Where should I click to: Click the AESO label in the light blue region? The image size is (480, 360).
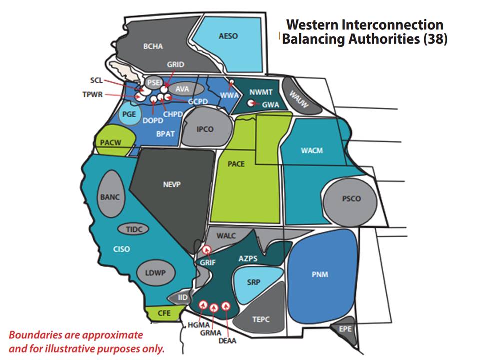228,36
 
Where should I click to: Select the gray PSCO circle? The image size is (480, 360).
351,199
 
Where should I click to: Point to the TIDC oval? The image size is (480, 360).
134,229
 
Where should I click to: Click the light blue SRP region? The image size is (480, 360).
254,282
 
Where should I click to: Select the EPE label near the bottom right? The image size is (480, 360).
345,329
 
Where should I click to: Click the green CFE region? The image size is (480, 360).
164,314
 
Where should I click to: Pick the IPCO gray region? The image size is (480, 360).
205,129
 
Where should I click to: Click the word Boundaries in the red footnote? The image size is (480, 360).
33,335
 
